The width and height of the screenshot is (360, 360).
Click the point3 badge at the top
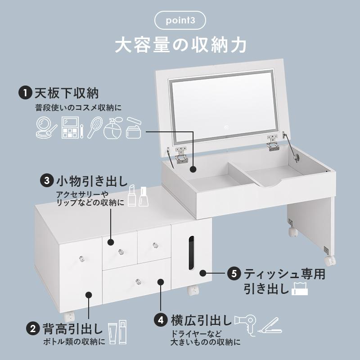coord(180,21)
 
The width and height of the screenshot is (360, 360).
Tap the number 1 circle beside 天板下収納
coord(24,93)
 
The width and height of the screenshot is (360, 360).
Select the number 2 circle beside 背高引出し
coord(33,328)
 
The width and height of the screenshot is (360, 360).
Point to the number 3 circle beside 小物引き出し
coord(47,181)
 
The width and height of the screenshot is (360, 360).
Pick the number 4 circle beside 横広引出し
coord(161,321)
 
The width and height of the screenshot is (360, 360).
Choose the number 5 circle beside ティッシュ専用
coord(233,273)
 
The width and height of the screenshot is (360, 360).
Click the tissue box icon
coord(300,288)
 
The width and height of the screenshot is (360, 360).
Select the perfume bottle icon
coord(112,129)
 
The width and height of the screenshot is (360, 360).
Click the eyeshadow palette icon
coord(70,128)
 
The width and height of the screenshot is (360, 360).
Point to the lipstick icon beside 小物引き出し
coord(132,196)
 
